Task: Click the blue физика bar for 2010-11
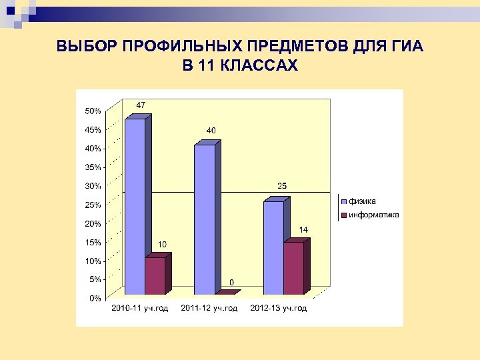[135, 207]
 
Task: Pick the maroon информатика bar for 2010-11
[155, 276]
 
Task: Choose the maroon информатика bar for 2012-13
[293, 268]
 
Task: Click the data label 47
[141, 105]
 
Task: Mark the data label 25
[282, 185]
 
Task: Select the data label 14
[303, 229]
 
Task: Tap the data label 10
[162, 246]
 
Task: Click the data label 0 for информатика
[232, 282]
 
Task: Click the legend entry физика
[362, 201]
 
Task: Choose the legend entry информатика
[373, 215]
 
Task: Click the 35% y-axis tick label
[93, 167]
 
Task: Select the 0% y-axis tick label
[95, 298]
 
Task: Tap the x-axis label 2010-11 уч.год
[140, 308]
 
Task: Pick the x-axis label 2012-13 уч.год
[279, 308]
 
